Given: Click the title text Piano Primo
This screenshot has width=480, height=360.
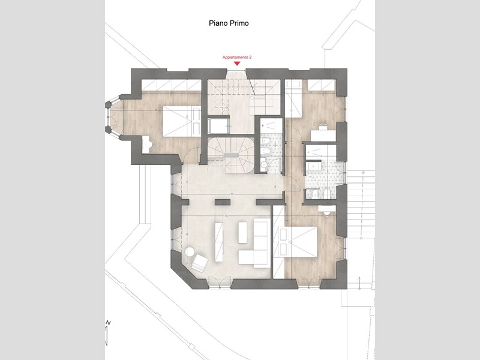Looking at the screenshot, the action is (229, 23).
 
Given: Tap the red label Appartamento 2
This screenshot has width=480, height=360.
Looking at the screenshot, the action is (237, 57).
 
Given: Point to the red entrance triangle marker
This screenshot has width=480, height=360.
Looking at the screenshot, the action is (237, 64).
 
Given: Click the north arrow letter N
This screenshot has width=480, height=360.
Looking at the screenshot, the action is (108, 323).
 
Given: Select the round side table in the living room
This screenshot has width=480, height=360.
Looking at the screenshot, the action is (190, 252).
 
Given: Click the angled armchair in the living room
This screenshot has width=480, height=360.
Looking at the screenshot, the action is (200, 263).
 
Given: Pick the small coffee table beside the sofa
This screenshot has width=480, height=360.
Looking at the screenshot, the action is (243, 233).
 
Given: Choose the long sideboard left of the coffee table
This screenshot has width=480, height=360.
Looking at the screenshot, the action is (219, 242).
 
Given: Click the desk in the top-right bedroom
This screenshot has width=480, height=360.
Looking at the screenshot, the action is (323, 136).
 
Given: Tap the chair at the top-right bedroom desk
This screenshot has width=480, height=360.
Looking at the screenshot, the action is (323, 126).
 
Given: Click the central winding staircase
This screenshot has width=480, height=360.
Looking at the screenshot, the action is (231, 155).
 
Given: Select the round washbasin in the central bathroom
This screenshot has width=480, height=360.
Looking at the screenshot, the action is (263, 165).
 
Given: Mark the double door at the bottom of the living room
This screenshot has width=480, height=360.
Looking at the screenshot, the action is (220, 281).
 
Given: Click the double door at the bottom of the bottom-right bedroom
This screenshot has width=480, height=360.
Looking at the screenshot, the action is (309, 282).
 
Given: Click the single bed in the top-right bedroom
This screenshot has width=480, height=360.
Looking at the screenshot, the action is (293, 98).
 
